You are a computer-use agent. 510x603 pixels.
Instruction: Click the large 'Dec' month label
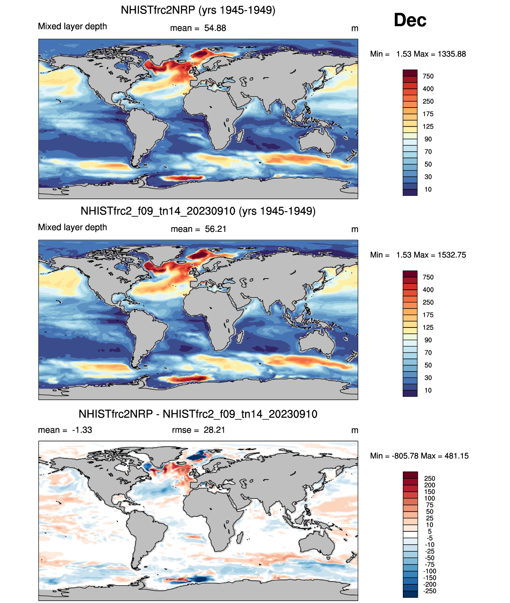coord(410,20)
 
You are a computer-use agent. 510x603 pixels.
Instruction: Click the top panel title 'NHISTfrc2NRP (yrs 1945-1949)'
coord(198,10)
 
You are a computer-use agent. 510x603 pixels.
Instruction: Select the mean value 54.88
coord(215,28)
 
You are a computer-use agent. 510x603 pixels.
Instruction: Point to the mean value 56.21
coord(216,229)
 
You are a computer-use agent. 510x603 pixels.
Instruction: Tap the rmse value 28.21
coord(214,430)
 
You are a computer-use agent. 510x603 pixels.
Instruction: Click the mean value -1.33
coord(82,430)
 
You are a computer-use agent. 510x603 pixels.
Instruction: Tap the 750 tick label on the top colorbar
coord(428,76)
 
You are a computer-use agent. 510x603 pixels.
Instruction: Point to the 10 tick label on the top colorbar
coord(428,189)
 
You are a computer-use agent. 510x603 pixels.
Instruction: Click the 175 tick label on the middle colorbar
coord(428,315)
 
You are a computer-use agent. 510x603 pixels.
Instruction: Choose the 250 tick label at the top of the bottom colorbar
coord(429,478)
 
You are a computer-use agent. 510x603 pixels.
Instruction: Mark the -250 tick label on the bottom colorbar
coord(429,591)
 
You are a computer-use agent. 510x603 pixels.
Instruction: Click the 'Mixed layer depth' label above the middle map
coord(73,227)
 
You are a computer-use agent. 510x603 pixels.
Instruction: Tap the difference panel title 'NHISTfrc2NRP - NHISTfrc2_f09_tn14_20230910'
coord(198,414)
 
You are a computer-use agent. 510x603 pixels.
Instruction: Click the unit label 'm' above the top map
coord(355,28)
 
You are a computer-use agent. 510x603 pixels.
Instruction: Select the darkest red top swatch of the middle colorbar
coord(410,274)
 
